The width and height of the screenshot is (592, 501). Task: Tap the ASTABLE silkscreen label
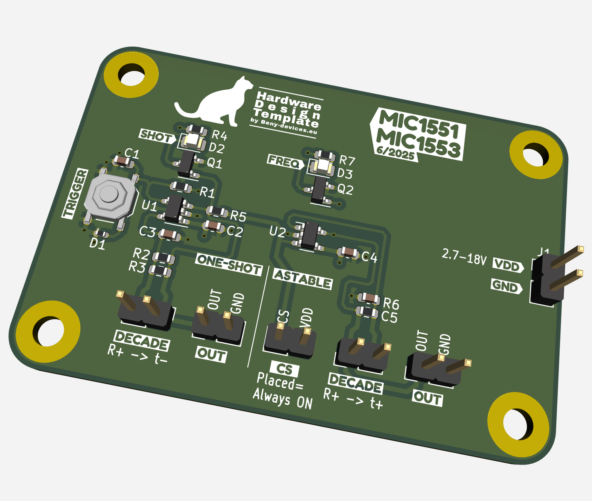point(302,279)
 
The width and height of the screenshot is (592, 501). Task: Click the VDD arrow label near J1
point(508,265)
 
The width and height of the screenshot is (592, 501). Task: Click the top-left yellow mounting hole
point(131,76)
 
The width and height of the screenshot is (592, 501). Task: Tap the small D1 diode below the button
point(100,234)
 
